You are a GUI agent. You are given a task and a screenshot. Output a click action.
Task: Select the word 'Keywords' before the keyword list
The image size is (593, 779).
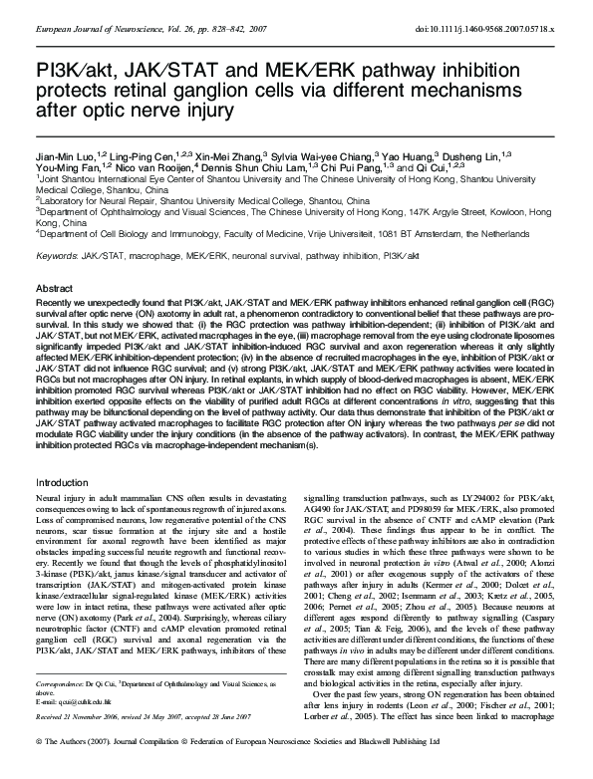tap(56, 256)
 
